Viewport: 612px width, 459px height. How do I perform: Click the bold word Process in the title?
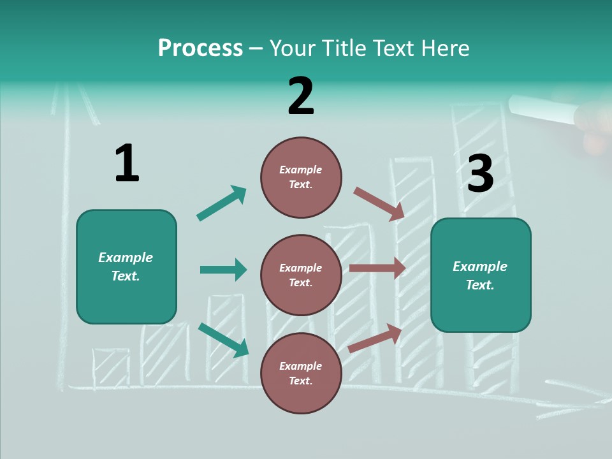pos(200,48)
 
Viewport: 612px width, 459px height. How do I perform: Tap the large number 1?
pos(127,163)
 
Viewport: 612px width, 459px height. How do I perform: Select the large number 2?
pos(301,96)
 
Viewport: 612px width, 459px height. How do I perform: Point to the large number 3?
pos(480,174)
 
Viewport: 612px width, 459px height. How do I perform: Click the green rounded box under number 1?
pos(126,266)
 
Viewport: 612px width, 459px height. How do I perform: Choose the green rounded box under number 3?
pos(481,275)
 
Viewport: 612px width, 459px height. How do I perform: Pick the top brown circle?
pos(301,177)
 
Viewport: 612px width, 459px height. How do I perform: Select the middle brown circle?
pos(301,275)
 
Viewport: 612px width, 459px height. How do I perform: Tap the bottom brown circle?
pos(301,373)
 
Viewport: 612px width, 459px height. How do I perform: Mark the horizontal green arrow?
pos(223,270)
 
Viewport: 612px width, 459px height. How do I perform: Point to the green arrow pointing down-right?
pos(223,340)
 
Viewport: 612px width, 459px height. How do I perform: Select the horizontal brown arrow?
pos(377,268)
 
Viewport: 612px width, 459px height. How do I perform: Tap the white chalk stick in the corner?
pos(542,109)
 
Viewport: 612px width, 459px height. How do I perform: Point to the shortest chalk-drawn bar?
pos(111,368)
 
